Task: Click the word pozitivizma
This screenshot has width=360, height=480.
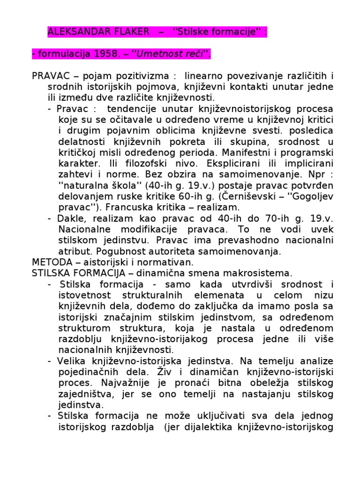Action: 142,76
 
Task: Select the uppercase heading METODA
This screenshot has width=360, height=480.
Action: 51,262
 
